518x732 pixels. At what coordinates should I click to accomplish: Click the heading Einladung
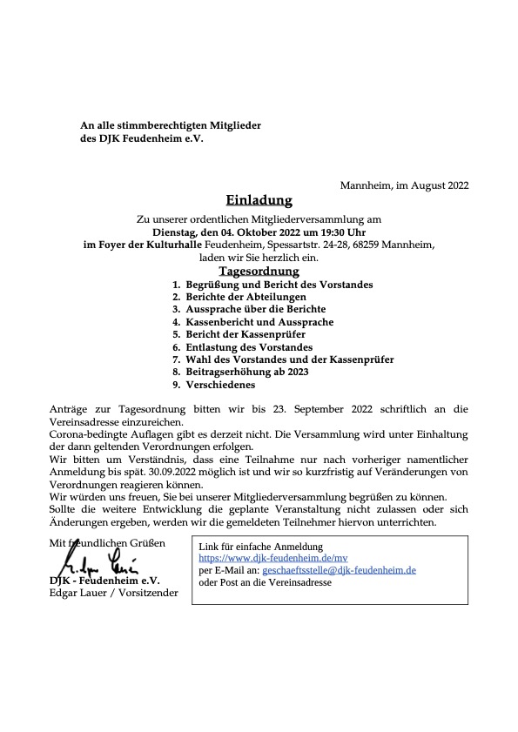259,201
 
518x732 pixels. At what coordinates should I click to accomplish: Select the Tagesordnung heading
259,272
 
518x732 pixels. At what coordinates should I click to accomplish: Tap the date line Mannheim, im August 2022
404,185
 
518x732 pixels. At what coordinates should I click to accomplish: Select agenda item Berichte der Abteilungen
246,297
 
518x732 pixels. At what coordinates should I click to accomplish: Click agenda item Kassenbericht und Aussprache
259,322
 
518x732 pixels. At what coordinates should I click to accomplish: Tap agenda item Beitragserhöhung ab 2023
247,372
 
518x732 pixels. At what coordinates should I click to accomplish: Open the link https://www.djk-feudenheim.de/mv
261,558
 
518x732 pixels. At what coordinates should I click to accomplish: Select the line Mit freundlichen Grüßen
106,542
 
